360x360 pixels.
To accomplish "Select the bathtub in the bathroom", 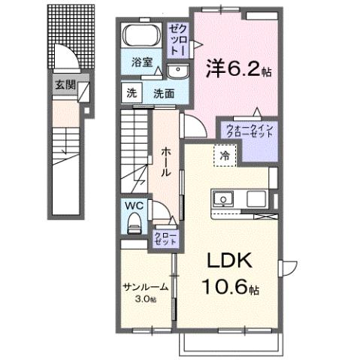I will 140,37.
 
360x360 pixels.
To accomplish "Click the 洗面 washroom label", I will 164,94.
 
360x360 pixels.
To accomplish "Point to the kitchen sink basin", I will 223,199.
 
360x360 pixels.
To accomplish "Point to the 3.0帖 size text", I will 145,299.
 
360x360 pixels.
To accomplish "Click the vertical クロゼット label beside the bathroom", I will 178,38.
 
